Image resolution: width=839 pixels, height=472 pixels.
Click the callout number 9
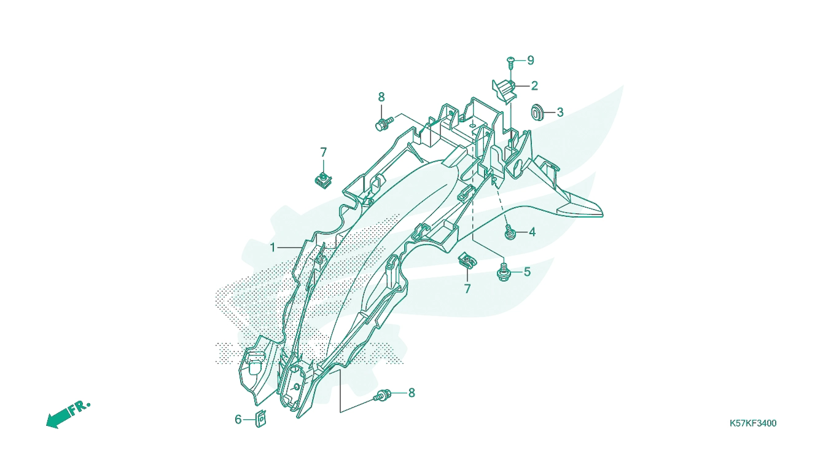tap(531, 60)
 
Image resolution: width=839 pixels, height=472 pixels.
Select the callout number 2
tap(534, 86)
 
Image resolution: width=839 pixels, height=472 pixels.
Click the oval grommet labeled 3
tap(538, 112)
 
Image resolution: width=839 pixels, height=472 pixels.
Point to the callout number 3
tap(560, 112)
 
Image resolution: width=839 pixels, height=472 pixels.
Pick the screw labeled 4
tap(510, 232)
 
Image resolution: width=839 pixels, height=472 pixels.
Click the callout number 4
tap(533, 232)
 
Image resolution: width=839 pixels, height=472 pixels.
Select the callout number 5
tap(528, 272)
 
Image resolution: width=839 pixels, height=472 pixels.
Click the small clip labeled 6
tap(260, 419)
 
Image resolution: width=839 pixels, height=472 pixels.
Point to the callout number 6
tap(238, 420)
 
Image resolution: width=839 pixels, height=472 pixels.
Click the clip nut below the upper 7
tap(323, 180)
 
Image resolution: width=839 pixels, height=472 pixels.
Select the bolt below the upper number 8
tap(383, 124)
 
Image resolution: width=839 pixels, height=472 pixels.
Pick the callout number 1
tap(273, 248)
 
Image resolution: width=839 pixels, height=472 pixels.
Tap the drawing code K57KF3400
tap(753, 423)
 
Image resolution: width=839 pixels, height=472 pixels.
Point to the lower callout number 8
tap(412, 393)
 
